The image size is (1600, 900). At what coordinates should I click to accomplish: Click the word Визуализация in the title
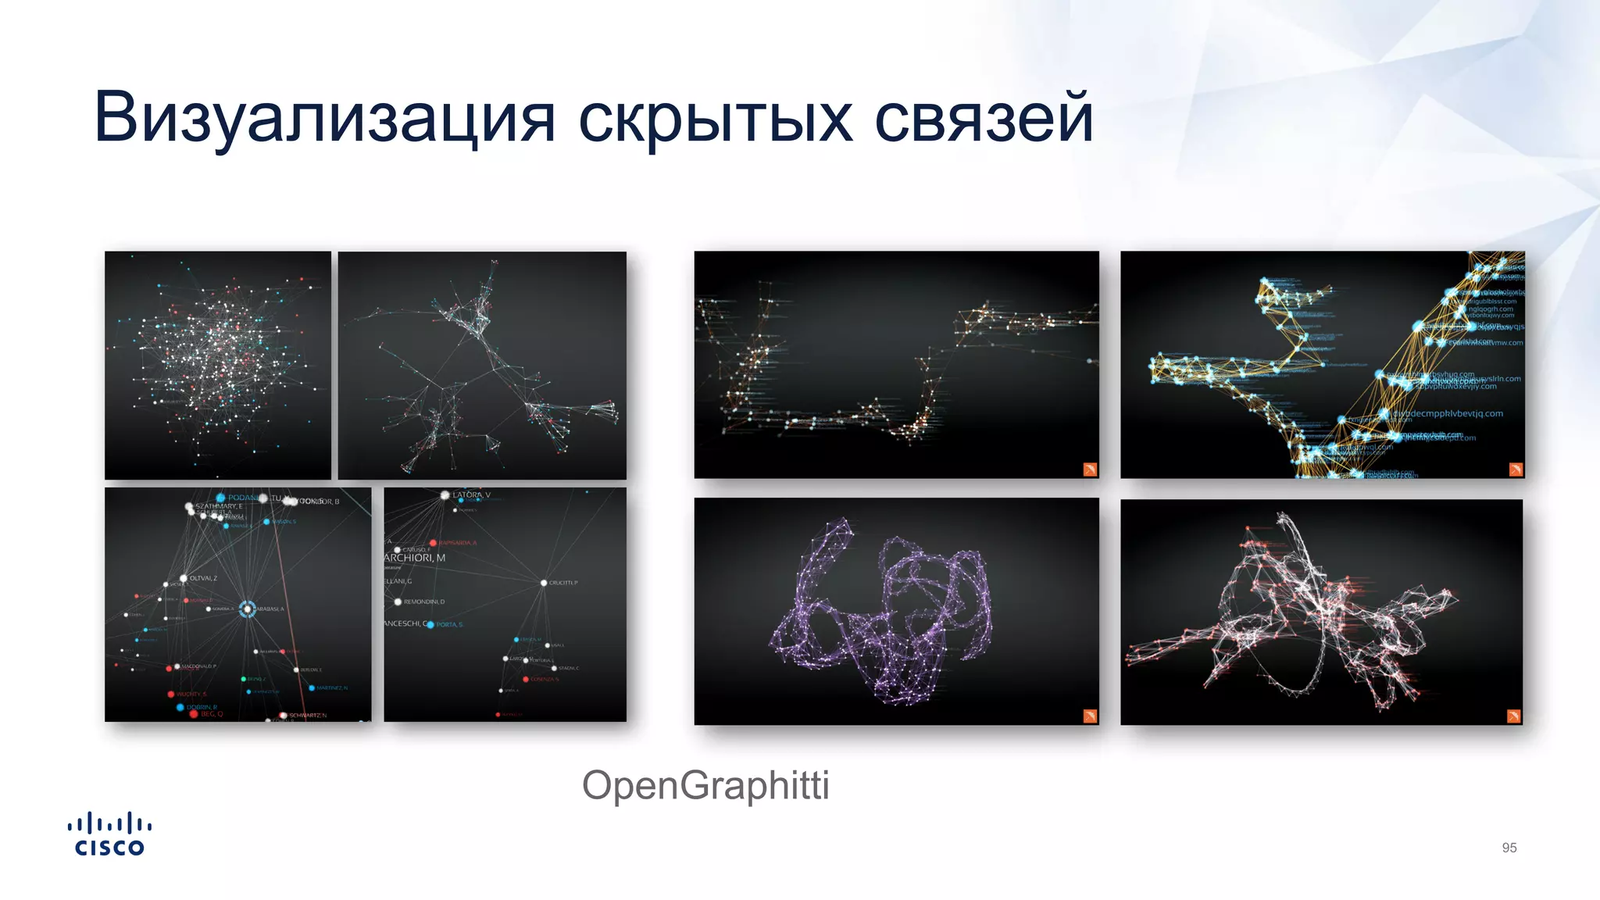click(x=324, y=117)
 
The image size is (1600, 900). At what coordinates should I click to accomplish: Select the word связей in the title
click(x=983, y=117)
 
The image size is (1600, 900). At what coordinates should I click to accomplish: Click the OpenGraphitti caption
click(x=705, y=785)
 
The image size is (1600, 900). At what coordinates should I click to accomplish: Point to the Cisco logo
click(x=109, y=834)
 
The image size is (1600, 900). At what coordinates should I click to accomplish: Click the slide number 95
click(x=1509, y=848)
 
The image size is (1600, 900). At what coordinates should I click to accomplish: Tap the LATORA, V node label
click(x=471, y=495)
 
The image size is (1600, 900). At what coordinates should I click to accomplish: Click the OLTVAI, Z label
click(x=203, y=578)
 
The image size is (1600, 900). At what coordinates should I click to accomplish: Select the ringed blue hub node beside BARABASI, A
click(x=247, y=609)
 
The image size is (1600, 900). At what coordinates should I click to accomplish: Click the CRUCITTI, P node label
click(x=563, y=583)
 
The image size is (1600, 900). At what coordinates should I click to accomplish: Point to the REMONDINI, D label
click(x=423, y=602)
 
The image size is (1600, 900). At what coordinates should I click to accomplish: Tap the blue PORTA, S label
click(x=449, y=624)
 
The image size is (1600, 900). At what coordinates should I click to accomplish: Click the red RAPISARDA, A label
click(x=458, y=542)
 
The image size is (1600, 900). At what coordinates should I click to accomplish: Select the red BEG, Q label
click(x=212, y=714)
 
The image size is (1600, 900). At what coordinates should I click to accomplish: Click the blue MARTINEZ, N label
click(x=332, y=687)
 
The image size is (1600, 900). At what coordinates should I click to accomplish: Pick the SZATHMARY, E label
click(x=219, y=506)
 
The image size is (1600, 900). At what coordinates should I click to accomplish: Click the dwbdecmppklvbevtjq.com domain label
click(x=1448, y=413)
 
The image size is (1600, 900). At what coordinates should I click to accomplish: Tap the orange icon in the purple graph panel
click(x=1090, y=716)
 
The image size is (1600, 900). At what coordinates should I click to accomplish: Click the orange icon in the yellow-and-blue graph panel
click(x=1516, y=469)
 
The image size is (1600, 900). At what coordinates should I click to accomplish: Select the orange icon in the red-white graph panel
click(x=1513, y=716)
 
